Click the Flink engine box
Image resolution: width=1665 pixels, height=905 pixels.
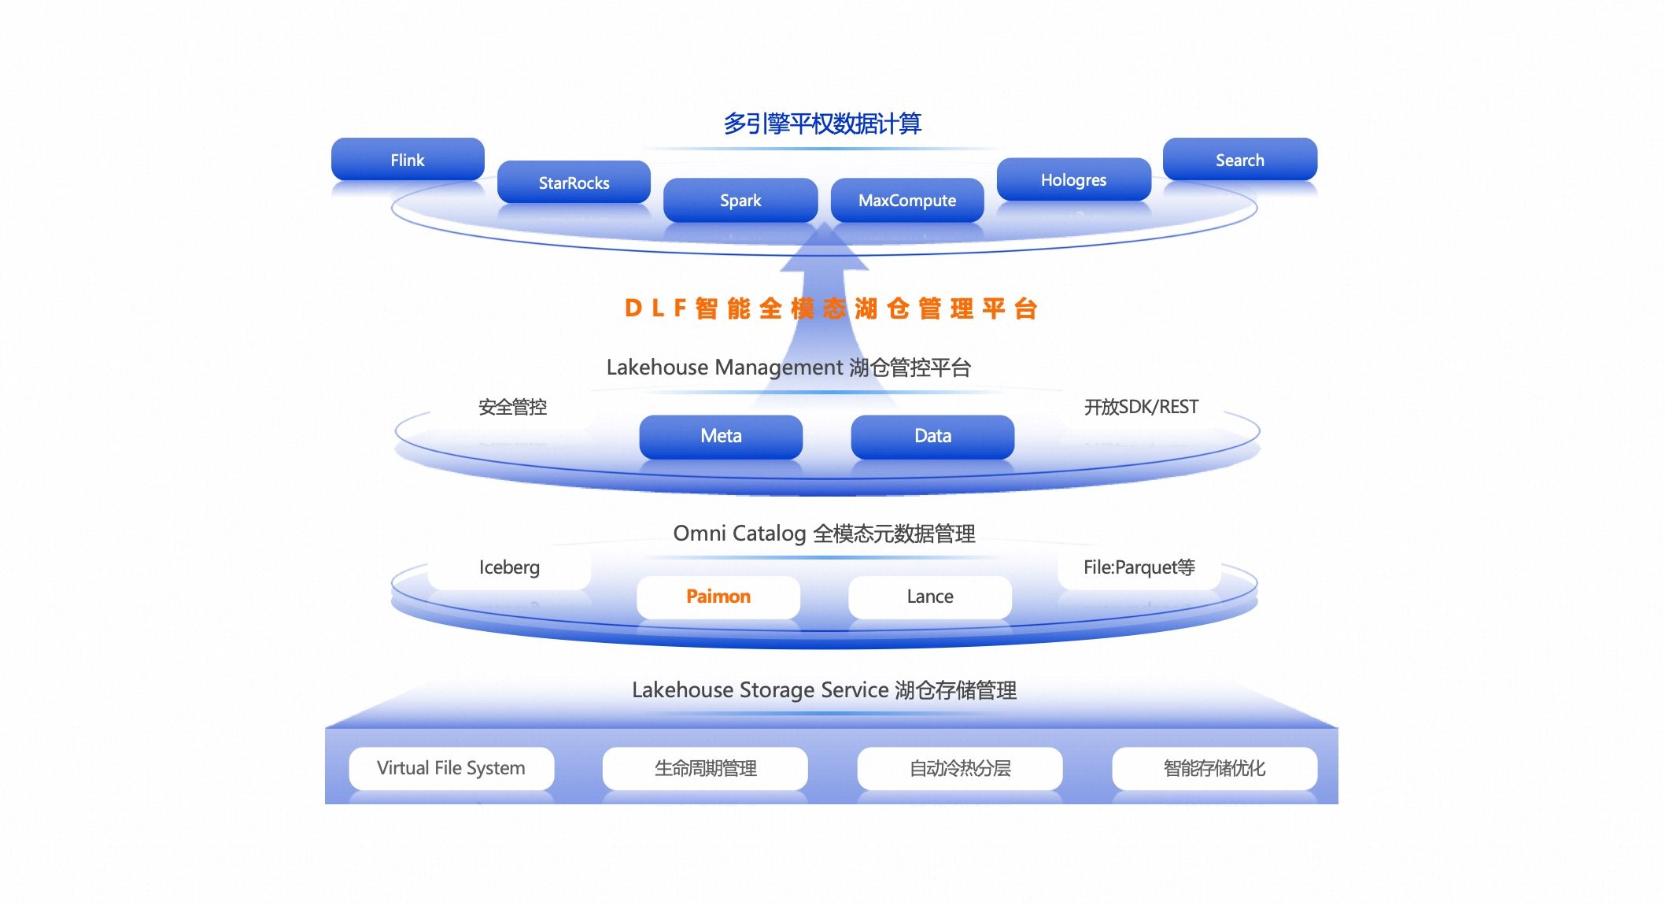point(408,160)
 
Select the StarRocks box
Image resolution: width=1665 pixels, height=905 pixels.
point(574,183)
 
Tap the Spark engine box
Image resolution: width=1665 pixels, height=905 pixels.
point(740,200)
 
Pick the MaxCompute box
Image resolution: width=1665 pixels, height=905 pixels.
point(906,200)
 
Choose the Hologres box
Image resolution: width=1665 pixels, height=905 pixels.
point(1073,179)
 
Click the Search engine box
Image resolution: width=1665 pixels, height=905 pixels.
point(1239,160)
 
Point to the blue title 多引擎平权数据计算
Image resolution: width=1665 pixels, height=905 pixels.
point(822,124)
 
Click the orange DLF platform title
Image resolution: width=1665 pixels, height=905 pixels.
point(831,308)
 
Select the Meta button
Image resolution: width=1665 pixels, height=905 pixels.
point(721,436)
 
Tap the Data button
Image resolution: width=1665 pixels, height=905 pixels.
point(932,436)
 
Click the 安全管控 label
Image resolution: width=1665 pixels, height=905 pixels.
point(512,407)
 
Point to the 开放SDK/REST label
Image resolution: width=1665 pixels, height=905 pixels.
point(1141,407)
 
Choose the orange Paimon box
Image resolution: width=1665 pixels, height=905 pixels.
point(718,597)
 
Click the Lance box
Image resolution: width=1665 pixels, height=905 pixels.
point(930,597)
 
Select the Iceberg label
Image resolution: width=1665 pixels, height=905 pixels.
point(509,567)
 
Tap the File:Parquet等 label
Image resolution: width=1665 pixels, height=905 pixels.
point(1139,567)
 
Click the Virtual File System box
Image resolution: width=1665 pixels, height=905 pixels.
point(451,768)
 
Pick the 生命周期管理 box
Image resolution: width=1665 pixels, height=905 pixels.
point(705,768)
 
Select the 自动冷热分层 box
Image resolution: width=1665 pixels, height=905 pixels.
point(960,768)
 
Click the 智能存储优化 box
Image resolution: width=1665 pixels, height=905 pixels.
point(1214,768)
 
